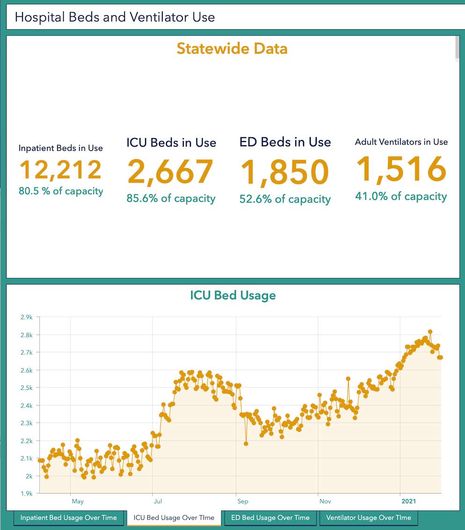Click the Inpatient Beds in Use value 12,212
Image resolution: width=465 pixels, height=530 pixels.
[60, 170]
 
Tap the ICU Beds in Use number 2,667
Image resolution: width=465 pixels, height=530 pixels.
[171, 172]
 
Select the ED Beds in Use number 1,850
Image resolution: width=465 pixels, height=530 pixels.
[284, 173]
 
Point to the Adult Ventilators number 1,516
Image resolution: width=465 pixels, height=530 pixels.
[401, 170]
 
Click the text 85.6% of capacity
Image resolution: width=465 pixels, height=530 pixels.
[171, 198]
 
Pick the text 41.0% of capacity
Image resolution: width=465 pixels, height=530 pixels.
[401, 197]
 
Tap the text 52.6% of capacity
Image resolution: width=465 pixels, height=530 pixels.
[285, 199]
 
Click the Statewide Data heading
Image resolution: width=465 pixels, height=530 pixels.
[232, 49]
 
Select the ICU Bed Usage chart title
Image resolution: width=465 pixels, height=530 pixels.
[233, 296]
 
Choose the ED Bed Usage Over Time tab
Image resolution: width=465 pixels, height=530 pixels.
[270, 517]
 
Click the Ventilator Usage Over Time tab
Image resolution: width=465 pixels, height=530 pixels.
[369, 517]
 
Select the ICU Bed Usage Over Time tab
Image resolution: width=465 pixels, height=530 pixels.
[174, 517]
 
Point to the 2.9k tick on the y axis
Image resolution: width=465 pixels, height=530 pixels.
[26, 318]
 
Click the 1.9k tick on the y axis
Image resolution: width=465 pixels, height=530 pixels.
[26, 494]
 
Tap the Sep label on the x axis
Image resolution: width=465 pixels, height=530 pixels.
[242, 502]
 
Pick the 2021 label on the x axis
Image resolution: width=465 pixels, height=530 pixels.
[409, 502]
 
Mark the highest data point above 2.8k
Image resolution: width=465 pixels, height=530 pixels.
[430, 332]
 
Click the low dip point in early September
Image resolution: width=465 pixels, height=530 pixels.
[246, 444]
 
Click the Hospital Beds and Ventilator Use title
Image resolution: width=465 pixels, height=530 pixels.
[115, 18]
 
